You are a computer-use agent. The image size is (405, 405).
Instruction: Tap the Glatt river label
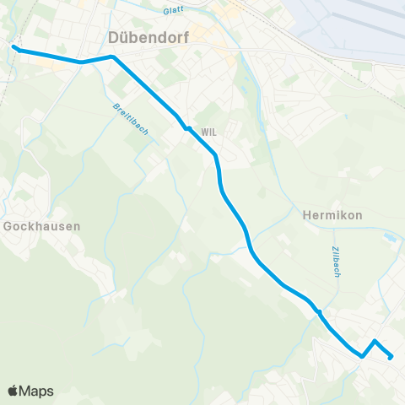(174, 11)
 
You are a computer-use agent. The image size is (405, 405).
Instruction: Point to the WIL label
(209, 132)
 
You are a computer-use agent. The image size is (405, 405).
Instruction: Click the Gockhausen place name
(42, 226)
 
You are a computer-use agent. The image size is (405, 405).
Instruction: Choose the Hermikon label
(332, 215)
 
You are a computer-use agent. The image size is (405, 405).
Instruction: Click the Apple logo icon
(13, 391)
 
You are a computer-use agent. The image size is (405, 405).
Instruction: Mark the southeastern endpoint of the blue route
(391, 357)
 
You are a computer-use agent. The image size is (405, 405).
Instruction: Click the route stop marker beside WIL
(188, 129)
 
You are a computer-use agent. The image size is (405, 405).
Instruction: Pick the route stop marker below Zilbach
(319, 312)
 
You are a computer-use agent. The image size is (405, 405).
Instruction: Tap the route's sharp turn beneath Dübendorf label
(112, 57)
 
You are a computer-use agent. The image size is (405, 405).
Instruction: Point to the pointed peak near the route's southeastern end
(375, 342)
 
